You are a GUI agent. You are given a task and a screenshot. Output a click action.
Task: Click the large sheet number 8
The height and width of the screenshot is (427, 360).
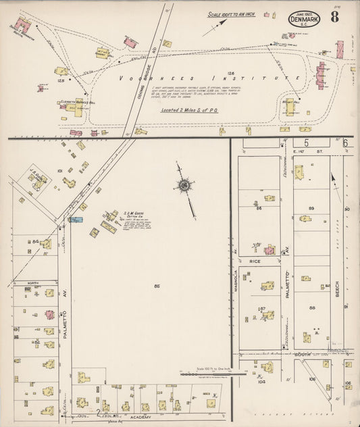pyautogui.click(x=335, y=18)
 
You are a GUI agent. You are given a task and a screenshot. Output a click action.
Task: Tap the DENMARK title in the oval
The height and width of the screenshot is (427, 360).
pyautogui.click(x=304, y=19)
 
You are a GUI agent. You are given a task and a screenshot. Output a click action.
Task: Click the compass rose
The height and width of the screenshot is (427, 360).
pyautogui.click(x=183, y=184)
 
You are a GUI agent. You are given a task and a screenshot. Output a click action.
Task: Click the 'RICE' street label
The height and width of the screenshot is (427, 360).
pyautogui.click(x=255, y=261)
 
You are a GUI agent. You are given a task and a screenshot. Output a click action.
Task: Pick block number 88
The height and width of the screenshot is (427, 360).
pyautogui.click(x=312, y=308)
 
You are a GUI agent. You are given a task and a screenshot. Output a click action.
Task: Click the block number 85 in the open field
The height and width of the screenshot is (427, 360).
pyautogui.click(x=157, y=286)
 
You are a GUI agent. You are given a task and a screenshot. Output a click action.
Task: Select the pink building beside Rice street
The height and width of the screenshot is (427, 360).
pyautogui.click(x=269, y=249)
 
